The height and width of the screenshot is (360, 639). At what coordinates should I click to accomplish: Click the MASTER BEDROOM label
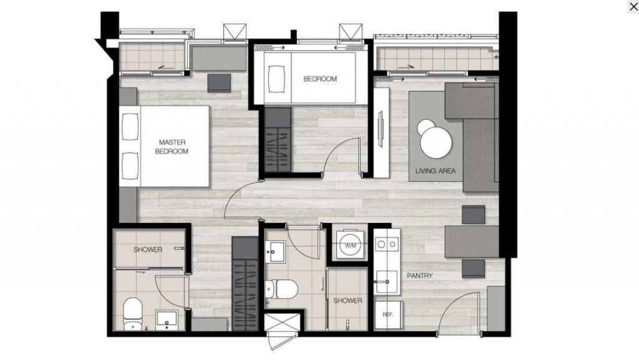172,147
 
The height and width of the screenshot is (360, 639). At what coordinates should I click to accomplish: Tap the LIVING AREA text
435,171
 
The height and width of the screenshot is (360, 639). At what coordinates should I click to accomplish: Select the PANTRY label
420,276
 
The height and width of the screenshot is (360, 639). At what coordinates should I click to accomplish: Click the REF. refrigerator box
388,315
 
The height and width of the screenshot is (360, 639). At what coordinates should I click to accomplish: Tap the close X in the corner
634,6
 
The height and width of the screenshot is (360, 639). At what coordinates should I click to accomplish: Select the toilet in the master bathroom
132,314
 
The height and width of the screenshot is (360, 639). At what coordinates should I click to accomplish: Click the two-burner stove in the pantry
387,244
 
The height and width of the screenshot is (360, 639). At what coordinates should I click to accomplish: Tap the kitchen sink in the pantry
386,282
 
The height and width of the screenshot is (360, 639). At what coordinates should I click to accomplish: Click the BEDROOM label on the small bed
320,79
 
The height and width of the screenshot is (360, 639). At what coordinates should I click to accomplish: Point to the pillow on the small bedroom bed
277,79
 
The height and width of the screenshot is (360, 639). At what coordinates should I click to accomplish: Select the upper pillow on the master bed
130,126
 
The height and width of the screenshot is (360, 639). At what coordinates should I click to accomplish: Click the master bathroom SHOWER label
148,250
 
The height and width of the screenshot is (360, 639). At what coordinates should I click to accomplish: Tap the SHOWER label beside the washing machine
348,301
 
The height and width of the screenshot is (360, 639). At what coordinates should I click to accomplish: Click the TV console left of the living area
381,133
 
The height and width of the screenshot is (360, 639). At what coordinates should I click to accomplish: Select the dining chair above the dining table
473,215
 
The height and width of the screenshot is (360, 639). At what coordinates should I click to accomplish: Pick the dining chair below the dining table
473,268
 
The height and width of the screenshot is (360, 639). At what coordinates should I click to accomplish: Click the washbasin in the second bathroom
275,251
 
